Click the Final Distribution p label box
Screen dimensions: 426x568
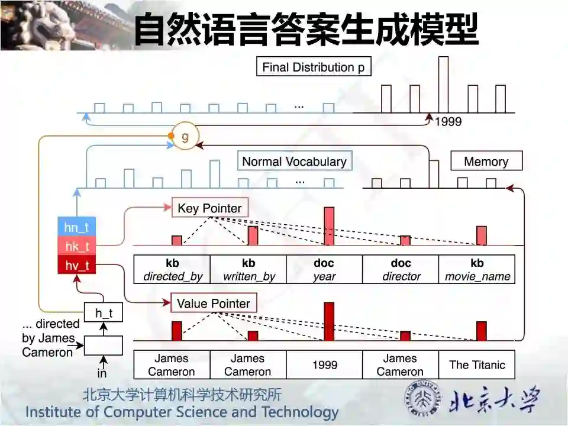coord(314,67)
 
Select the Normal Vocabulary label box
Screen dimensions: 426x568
coord(294,162)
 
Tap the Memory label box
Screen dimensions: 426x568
coord(486,162)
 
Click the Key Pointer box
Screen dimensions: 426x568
coord(209,208)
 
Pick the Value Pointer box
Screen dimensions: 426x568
coord(214,304)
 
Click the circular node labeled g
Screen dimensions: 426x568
coord(185,138)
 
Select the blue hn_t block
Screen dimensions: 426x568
coord(76,227)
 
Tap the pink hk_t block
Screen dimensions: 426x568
coord(76,246)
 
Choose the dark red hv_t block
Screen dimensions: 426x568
coord(76,266)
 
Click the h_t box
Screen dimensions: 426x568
coord(104,312)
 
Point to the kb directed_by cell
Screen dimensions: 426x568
coord(172,269)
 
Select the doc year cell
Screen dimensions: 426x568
coord(324,269)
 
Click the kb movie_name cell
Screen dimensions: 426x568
coord(477,269)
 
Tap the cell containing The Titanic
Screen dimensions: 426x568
coord(477,364)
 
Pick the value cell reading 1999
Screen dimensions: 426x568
coord(324,364)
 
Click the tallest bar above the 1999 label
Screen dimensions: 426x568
coord(443,84)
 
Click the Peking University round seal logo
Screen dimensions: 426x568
coord(422,398)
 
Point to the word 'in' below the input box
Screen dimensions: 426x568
coord(102,373)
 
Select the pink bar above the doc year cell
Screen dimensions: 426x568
coord(329,226)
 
